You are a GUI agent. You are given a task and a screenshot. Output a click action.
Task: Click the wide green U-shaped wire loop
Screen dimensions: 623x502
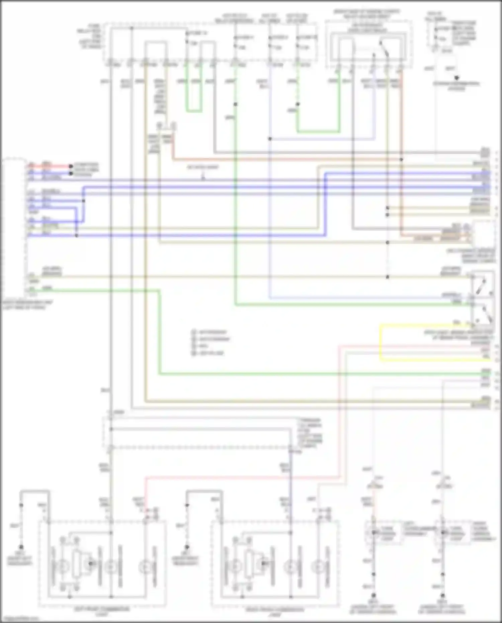point(318,131)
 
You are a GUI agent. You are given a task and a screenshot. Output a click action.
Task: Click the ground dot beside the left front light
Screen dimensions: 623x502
point(21,547)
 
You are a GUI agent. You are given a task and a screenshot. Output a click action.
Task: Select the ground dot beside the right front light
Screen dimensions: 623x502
point(187,547)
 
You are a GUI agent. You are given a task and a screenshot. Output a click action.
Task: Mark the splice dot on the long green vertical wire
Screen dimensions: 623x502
point(236,104)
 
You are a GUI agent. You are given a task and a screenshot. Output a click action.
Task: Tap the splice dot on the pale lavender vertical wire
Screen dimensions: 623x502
point(270,139)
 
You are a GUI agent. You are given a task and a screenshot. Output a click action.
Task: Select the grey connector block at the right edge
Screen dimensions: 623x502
point(485,153)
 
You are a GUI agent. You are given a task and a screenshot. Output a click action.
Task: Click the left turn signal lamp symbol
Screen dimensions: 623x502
point(374,532)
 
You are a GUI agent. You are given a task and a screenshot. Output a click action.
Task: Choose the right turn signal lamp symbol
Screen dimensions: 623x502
point(443,532)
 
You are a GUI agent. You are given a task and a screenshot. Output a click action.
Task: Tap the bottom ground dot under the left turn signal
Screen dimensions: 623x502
point(374,596)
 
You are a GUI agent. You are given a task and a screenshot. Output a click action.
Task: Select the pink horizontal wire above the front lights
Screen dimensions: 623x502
point(241,477)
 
